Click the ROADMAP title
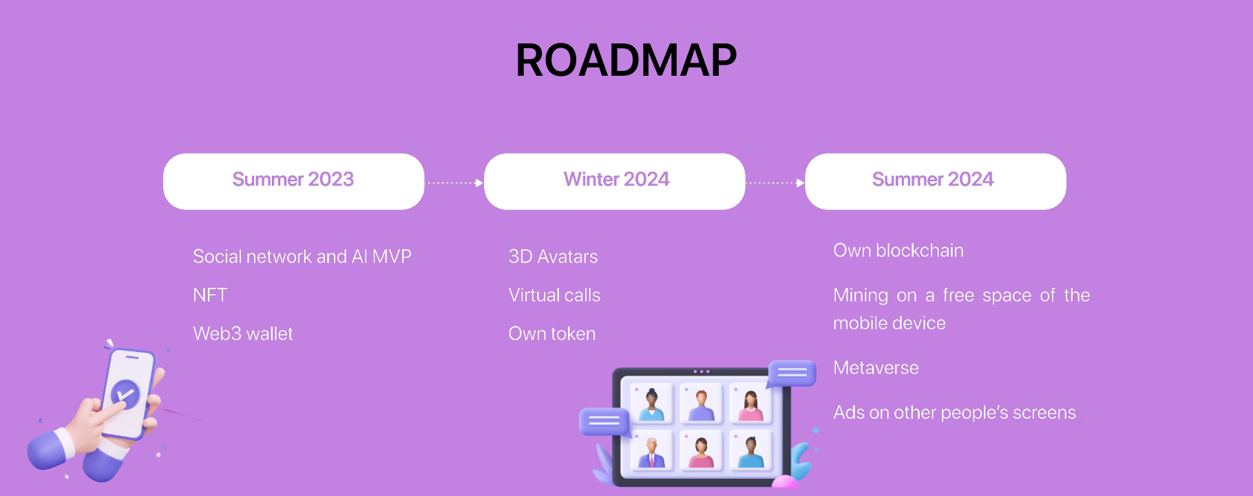pos(626,60)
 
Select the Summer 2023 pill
pos(293,181)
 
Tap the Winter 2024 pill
pos(615,181)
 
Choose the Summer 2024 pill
pos(936,181)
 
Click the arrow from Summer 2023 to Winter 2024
pos(454,183)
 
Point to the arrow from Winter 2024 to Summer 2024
pos(775,183)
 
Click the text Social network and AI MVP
pos(302,256)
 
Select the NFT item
pos(210,295)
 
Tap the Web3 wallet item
pos(243,333)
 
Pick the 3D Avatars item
pos(553,256)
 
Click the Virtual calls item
pos(554,295)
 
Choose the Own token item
pos(552,333)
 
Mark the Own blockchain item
pos(898,250)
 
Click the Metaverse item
pos(876,367)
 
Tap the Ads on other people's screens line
pos(954,412)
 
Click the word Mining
pos(861,296)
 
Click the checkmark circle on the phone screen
pos(125,395)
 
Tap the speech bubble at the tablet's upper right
pos(792,373)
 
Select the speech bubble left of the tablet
pos(604,422)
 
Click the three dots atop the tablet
pos(702,371)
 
